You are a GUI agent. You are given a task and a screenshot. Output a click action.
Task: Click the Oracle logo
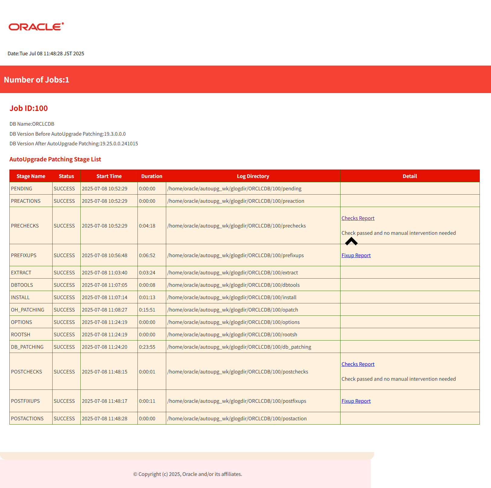[36, 27]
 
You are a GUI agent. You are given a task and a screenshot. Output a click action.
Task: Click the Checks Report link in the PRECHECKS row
[358, 218]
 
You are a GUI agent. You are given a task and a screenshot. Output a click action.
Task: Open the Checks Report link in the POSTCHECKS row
[358, 364]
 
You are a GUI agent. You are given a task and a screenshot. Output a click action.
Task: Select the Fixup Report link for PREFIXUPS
[356, 255]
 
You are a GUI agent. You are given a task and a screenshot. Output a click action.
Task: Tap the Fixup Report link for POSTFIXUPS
[356, 401]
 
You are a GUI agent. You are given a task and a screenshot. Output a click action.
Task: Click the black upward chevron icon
[351, 241]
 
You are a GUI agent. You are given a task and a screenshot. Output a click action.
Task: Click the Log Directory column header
[253, 176]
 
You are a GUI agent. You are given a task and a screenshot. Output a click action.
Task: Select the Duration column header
[152, 176]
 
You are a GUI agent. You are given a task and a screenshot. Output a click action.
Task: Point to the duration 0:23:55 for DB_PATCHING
[147, 347]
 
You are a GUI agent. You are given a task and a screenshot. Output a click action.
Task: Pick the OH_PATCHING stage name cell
[27, 310]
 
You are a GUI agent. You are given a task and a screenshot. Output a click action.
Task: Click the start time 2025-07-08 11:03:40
[105, 273]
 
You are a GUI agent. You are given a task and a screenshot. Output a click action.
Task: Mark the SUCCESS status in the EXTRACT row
[64, 273]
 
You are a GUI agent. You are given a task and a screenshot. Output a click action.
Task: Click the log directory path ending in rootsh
[232, 334]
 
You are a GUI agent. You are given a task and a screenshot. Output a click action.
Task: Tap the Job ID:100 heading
[29, 108]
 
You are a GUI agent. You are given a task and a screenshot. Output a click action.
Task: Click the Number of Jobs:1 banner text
[37, 80]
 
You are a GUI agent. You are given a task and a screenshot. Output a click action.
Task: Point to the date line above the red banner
[46, 53]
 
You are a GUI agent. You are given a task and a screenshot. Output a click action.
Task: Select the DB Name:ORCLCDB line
[32, 124]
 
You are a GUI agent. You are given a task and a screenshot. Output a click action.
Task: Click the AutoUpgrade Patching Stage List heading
[55, 159]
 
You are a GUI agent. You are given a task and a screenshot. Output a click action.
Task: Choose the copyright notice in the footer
[188, 474]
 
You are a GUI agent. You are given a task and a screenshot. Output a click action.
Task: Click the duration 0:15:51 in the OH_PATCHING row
[147, 310]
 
